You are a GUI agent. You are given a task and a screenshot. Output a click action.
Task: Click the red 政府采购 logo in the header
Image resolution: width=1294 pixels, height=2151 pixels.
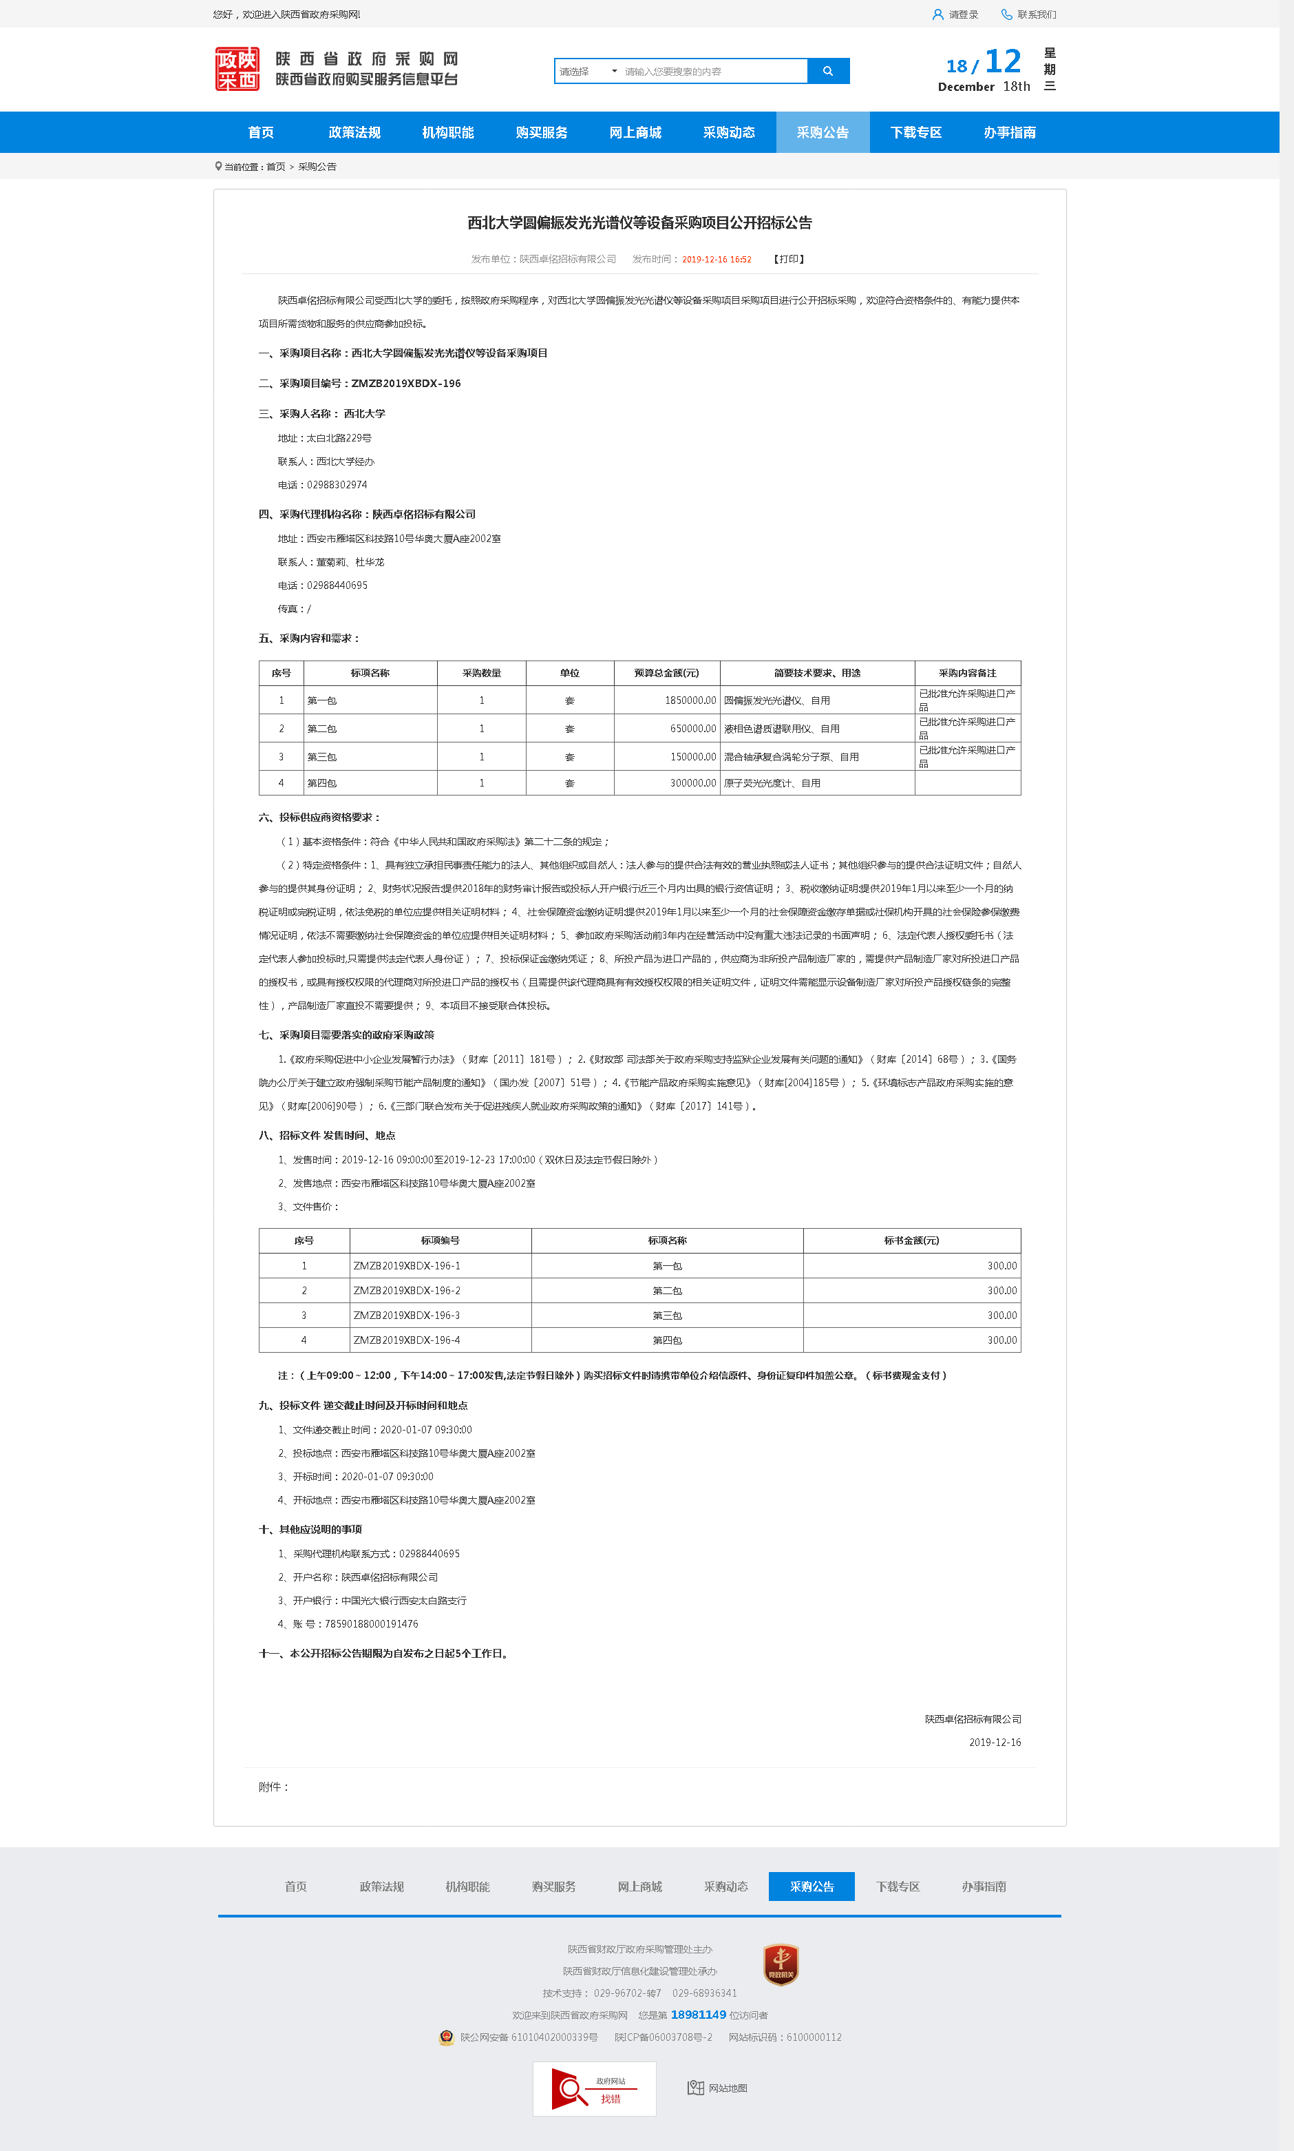click(237, 69)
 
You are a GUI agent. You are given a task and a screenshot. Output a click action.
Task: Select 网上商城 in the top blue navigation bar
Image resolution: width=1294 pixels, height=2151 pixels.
click(635, 132)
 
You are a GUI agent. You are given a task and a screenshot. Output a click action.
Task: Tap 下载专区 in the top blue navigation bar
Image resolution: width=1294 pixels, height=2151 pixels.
click(915, 132)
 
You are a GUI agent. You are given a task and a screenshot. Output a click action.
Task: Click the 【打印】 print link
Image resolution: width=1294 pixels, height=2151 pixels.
click(789, 259)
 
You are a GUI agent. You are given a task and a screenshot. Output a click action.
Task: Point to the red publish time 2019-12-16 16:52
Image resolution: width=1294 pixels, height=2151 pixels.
click(716, 259)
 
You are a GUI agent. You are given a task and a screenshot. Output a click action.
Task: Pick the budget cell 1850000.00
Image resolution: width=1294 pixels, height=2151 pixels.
click(690, 700)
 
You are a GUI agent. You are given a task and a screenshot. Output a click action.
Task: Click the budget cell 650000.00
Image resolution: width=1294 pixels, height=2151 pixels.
click(692, 728)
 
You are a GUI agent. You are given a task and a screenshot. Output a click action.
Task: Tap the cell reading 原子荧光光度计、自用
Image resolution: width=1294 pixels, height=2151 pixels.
click(772, 783)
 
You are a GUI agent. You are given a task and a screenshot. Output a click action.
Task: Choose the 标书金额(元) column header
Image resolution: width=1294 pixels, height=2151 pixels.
click(911, 1240)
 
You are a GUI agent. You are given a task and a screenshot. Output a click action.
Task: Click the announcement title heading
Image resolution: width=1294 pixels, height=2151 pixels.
click(639, 223)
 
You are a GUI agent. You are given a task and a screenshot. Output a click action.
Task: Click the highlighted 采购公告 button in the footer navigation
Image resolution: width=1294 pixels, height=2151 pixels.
click(811, 1887)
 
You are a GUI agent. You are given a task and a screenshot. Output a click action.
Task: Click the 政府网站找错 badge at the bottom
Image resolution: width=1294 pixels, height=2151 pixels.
click(594, 2089)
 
